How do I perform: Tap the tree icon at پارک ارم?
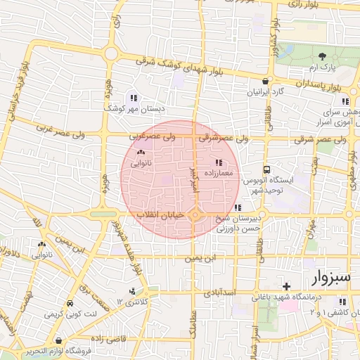[323, 56]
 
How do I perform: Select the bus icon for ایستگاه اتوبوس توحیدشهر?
[266, 169]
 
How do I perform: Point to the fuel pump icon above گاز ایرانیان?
[265, 81]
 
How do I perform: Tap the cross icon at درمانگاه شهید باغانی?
[286, 286]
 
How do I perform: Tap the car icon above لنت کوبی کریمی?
[70, 303]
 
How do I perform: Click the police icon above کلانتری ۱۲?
[132, 291]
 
